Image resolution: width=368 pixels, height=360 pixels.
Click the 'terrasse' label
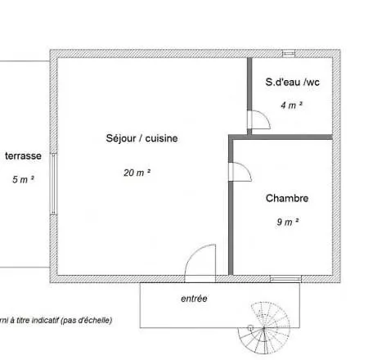(x=23, y=155)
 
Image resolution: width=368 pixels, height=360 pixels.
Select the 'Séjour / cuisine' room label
(x=141, y=138)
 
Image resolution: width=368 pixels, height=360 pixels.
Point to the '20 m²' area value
(x=136, y=173)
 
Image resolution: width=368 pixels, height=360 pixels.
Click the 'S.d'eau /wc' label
(x=292, y=82)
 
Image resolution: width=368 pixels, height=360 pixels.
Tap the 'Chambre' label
(x=286, y=198)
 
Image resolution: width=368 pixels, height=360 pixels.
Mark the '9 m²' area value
(x=286, y=221)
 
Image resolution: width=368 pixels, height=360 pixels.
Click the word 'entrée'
(x=194, y=299)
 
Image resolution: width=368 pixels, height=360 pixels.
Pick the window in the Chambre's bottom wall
(x=285, y=278)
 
